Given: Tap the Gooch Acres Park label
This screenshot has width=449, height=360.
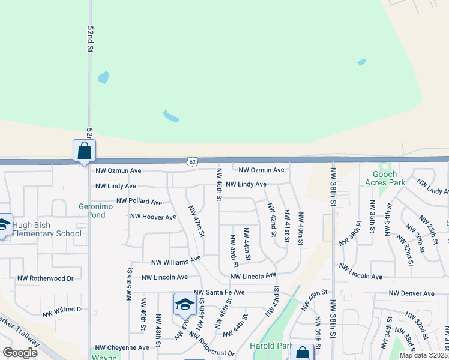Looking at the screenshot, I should point(385,178).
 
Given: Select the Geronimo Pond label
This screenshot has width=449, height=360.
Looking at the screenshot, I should point(96,210).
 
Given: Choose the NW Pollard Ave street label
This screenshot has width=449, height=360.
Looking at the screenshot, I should point(139,202).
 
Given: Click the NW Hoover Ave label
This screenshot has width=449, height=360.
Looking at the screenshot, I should point(153,217).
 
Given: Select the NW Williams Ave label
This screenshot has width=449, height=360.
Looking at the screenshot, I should point(176,261).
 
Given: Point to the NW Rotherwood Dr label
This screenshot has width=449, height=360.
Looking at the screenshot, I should point(45,278).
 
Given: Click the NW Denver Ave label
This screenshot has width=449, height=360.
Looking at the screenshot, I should point(411,293).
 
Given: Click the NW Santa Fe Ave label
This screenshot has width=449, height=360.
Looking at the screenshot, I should point(219,292).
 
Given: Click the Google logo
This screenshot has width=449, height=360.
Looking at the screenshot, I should point(20,353).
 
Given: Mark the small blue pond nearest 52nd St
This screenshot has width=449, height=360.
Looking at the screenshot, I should point(103,77).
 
